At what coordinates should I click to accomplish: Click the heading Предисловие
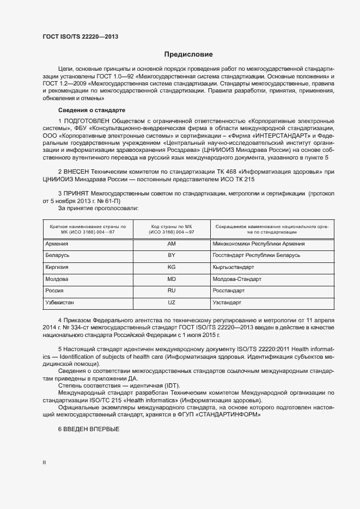(x=188, y=54)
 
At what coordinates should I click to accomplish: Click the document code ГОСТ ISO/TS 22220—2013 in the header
(x=80, y=37)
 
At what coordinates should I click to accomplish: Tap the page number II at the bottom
(x=44, y=462)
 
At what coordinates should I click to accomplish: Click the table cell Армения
(x=57, y=244)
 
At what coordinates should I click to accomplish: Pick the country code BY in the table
(x=171, y=255)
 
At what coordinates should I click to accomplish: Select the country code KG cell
(x=171, y=267)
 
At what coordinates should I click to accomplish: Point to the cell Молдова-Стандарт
(x=237, y=279)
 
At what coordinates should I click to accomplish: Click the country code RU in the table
(x=171, y=291)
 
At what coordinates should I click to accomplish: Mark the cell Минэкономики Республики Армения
(x=259, y=244)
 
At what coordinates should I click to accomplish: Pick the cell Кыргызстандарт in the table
(x=234, y=267)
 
